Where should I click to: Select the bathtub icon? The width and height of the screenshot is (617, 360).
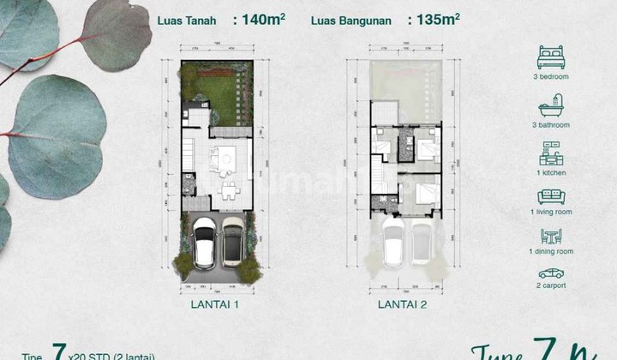[551, 111]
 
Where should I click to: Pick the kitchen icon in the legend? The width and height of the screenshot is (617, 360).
[551, 156]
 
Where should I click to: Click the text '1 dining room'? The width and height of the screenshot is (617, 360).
[551, 252]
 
